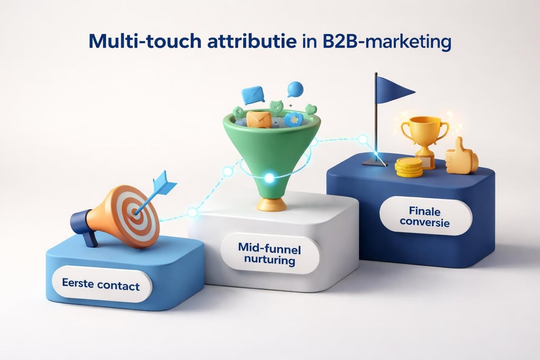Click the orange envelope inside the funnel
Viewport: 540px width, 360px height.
tap(259, 119)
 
